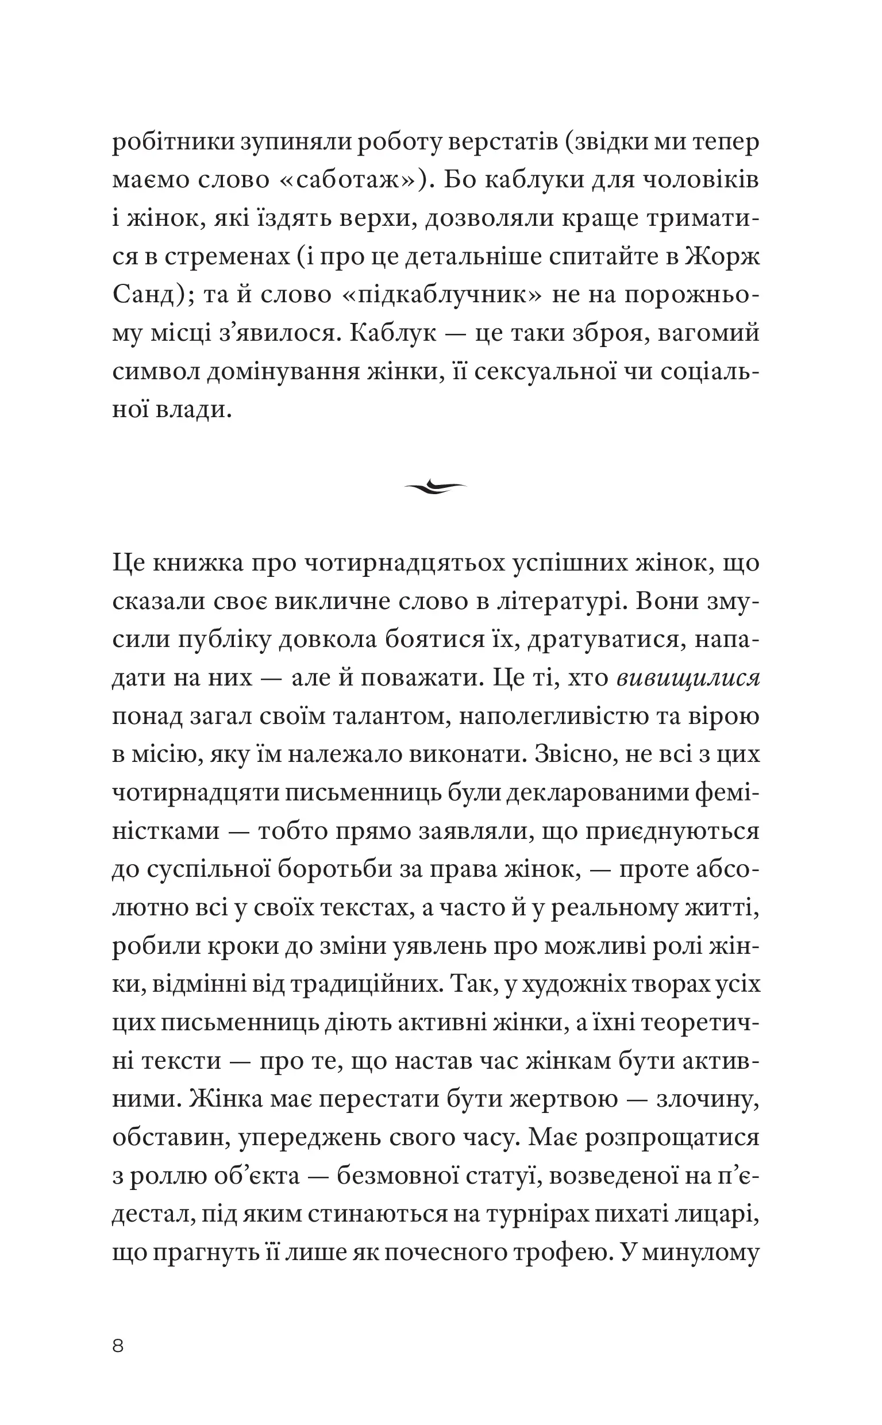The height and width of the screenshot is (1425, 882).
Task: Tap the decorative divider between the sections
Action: click(436, 486)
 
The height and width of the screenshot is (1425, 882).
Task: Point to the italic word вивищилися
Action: click(688, 678)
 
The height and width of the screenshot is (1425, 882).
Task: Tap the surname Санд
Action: click(144, 295)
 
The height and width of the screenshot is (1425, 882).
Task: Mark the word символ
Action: click(155, 372)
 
